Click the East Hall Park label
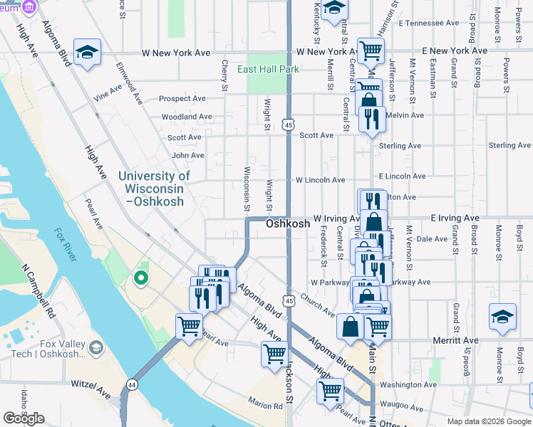coord(268,69)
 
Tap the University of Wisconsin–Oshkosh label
coord(154,189)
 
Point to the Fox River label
coord(65,244)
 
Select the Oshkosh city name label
coord(288,223)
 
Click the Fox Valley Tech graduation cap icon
coord(95,348)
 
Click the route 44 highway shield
coord(131,384)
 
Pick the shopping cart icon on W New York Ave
coord(371,51)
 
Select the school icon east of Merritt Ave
coord(502,317)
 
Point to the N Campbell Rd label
coord(38,292)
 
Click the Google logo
coord(24,418)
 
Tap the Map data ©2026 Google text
coord(488,421)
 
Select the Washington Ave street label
coord(408,385)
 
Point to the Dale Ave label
coord(431,240)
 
